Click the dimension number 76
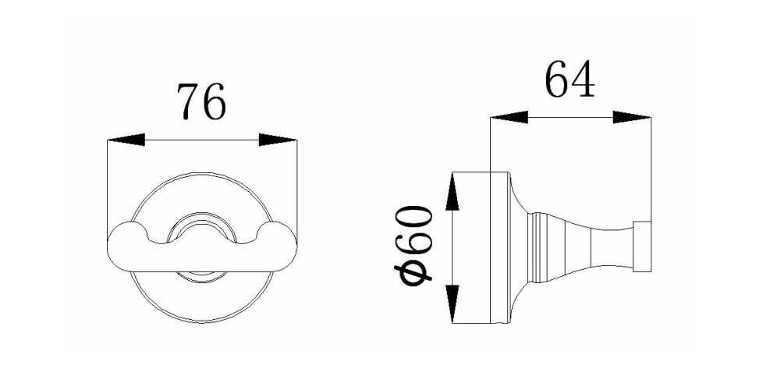pyautogui.click(x=201, y=101)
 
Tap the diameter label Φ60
pyautogui.click(x=416, y=245)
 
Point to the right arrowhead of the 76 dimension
pyautogui.click(x=278, y=140)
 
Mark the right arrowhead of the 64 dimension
pyautogui.click(x=632, y=117)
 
